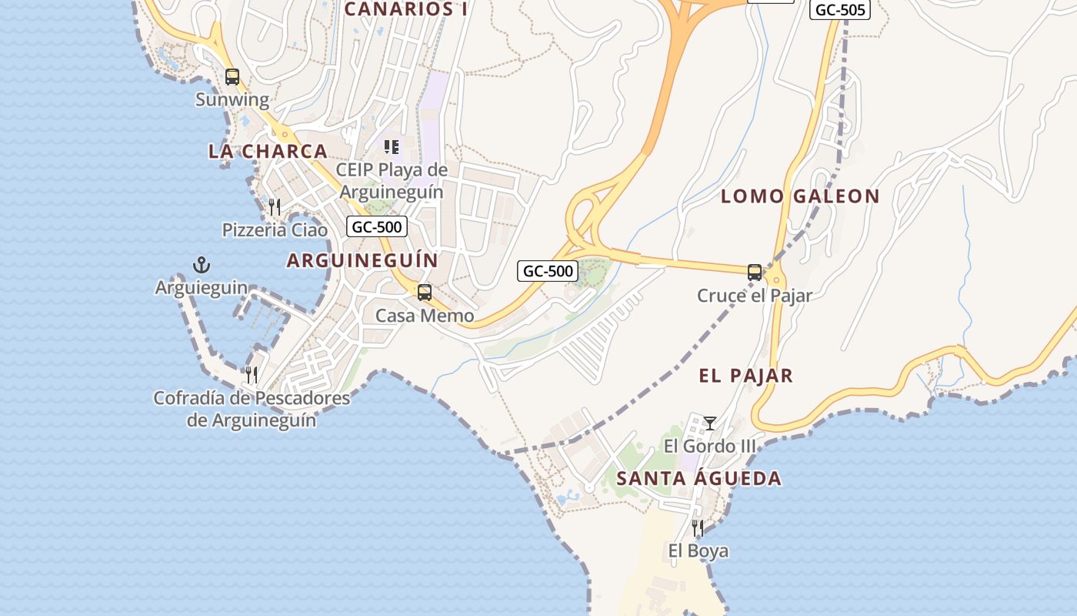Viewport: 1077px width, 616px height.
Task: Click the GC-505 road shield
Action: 840,10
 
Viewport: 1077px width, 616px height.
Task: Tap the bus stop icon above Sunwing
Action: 232,77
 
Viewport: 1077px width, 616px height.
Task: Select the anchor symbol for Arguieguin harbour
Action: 202,266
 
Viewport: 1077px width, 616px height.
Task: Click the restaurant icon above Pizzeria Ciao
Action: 275,207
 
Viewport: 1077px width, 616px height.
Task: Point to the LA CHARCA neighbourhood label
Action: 268,152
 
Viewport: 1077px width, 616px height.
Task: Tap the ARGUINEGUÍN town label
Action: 362,261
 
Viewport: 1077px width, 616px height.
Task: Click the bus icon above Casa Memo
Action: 424,293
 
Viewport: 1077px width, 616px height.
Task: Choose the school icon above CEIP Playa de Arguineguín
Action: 392,146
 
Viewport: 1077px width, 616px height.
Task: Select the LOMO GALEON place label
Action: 800,196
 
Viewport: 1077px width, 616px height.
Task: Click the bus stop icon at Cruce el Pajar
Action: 755,273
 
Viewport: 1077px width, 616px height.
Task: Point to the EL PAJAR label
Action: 745,376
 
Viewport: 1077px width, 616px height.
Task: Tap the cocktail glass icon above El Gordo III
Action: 710,423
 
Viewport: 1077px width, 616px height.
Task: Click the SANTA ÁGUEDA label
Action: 699,479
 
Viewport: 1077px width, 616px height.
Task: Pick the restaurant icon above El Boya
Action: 698,528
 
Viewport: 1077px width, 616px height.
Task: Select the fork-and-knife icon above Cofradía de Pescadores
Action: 252,375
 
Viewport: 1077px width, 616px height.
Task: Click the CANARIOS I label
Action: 406,9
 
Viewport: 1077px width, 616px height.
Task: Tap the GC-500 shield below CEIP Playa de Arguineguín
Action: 376,227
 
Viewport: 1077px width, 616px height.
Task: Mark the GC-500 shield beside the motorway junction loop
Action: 548,271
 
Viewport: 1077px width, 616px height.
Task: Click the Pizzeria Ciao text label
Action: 275,230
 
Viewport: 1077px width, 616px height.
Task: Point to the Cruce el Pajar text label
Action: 755,296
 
